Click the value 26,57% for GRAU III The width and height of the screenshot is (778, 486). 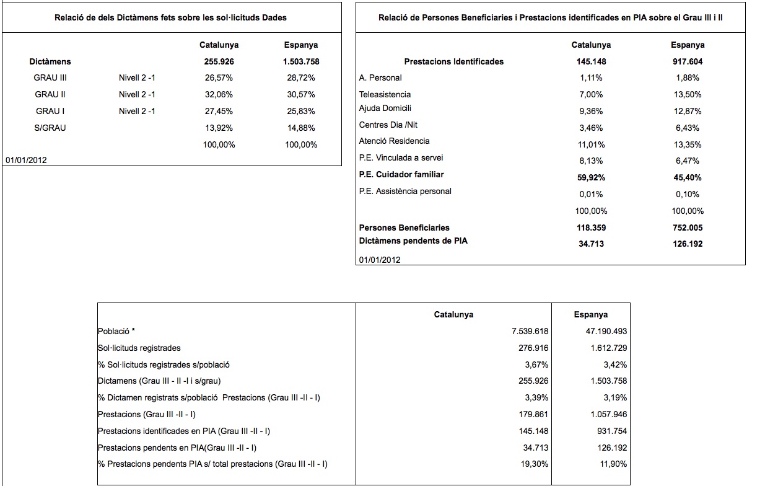[219, 78]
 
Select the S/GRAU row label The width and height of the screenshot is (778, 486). [50, 128]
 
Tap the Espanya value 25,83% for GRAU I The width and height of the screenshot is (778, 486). [301, 111]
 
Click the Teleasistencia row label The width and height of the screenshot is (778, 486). [385, 95]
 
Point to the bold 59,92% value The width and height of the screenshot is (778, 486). [591, 178]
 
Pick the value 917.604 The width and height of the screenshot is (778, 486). [688, 61]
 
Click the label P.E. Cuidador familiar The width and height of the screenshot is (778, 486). [401, 175]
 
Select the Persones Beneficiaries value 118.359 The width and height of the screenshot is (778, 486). [591, 228]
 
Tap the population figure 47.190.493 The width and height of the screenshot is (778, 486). [606, 331]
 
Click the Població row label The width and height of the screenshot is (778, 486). [116, 331]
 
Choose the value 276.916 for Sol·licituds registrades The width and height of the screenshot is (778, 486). [533, 348]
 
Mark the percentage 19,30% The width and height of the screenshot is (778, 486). [534, 464]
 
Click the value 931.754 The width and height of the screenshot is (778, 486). [612, 431]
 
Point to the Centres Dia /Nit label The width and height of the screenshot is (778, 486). [388, 125]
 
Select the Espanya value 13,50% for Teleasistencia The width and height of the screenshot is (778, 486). [688, 95]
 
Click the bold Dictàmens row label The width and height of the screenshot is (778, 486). [50, 61]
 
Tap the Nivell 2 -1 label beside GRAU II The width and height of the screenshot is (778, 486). [137, 95]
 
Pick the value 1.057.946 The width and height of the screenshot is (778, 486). [609, 414]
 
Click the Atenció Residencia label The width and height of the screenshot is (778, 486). [394, 141]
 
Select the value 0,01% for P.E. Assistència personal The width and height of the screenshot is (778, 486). [591, 194]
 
